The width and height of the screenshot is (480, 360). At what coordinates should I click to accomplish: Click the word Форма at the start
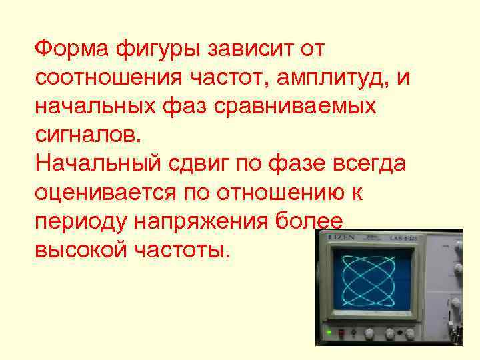pos(71,49)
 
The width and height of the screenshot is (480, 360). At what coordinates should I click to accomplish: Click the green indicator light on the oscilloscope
pos(328,331)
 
